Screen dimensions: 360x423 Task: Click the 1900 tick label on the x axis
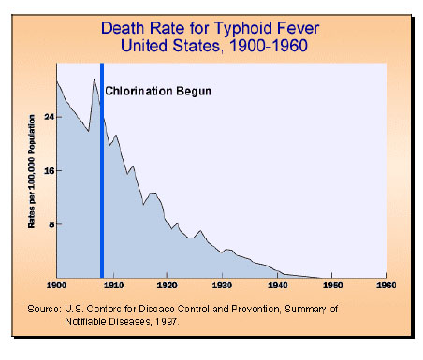(x=56, y=283)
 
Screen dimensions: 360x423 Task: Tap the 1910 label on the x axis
(x=111, y=283)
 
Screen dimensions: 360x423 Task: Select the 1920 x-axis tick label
(x=167, y=283)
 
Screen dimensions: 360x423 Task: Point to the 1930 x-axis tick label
(x=222, y=283)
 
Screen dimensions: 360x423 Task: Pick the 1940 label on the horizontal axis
(x=277, y=283)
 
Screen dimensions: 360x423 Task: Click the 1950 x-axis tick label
(x=332, y=283)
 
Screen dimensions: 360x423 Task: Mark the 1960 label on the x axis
(x=386, y=283)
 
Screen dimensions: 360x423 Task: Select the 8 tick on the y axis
(x=48, y=224)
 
